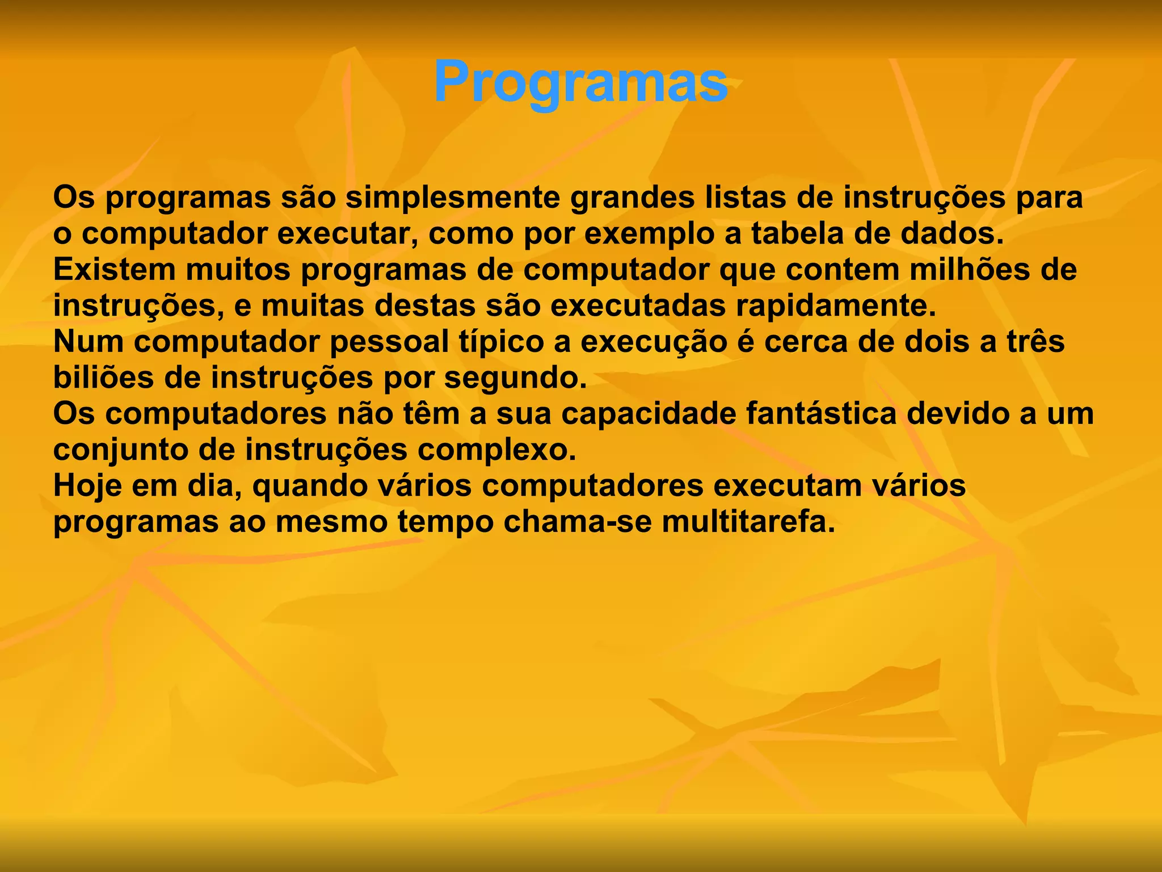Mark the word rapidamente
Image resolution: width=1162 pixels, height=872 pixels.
point(836,306)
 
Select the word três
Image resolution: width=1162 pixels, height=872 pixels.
point(1035,342)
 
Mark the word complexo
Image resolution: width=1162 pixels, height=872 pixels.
point(497,451)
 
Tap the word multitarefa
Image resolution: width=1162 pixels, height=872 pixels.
point(748,523)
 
